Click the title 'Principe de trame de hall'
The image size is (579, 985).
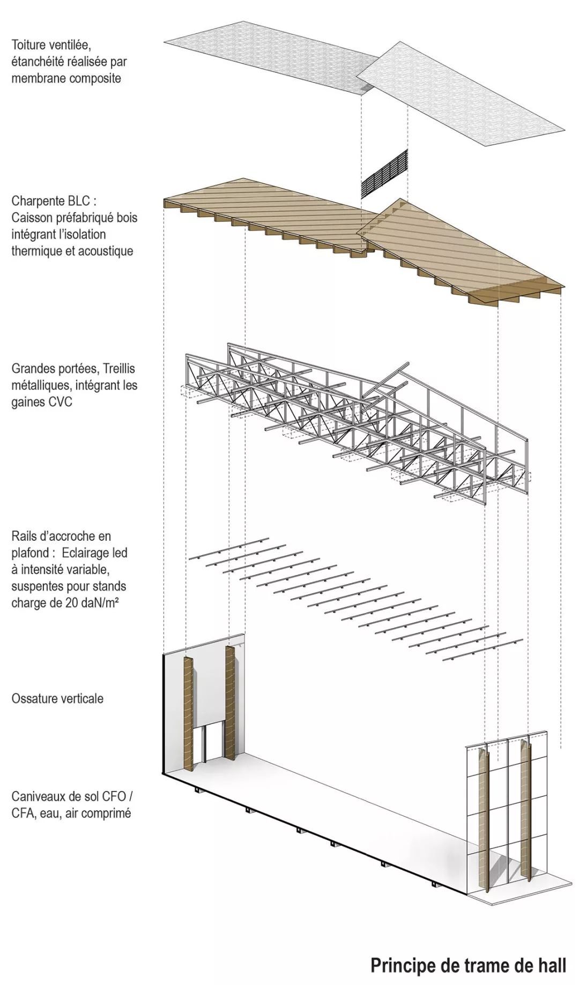point(468,965)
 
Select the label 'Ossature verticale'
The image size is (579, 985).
point(57,698)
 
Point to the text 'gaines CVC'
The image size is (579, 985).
point(42,401)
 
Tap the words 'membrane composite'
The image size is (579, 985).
point(66,78)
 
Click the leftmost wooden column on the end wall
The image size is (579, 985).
point(188,713)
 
